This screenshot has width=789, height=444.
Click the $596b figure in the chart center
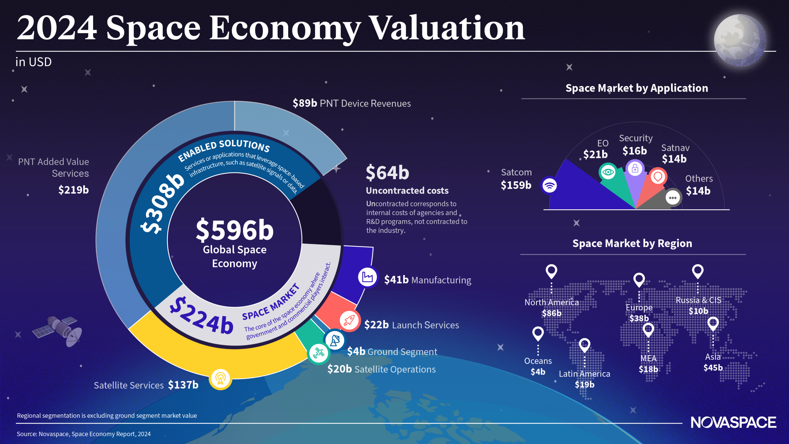pyautogui.click(x=235, y=230)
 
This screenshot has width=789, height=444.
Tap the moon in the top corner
pyautogui.click(x=740, y=40)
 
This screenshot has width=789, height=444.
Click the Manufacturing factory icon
pyautogui.click(x=367, y=277)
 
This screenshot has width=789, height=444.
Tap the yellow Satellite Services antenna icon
pyautogui.click(x=220, y=379)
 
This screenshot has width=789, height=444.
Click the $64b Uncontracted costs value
pyautogui.click(x=387, y=173)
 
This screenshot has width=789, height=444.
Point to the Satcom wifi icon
pyautogui.click(x=550, y=185)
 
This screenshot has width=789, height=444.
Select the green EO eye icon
pyautogui.click(x=608, y=172)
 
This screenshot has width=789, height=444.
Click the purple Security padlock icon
pyautogui.click(x=635, y=168)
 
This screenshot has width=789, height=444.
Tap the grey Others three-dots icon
pyautogui.click(x=673, y=197)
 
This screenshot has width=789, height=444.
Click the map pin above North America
pyautogui.click(x=551, y=271)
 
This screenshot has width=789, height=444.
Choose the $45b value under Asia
pyautogui.click(x=713, y=368)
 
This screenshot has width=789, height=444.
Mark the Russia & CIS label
pyautogui.click(x=698, y=300)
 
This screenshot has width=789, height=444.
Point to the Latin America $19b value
pyautogui.click(x=584, y=384)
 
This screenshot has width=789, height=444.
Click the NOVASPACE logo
pyautogui.click(x=733, y=422)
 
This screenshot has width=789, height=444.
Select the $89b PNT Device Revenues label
pyautogui.click(x=351, y=103)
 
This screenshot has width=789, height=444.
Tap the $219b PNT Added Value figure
pyautogui.click(x=73, y=190)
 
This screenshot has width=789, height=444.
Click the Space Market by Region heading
pyautogui.click(x=632, y=243)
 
